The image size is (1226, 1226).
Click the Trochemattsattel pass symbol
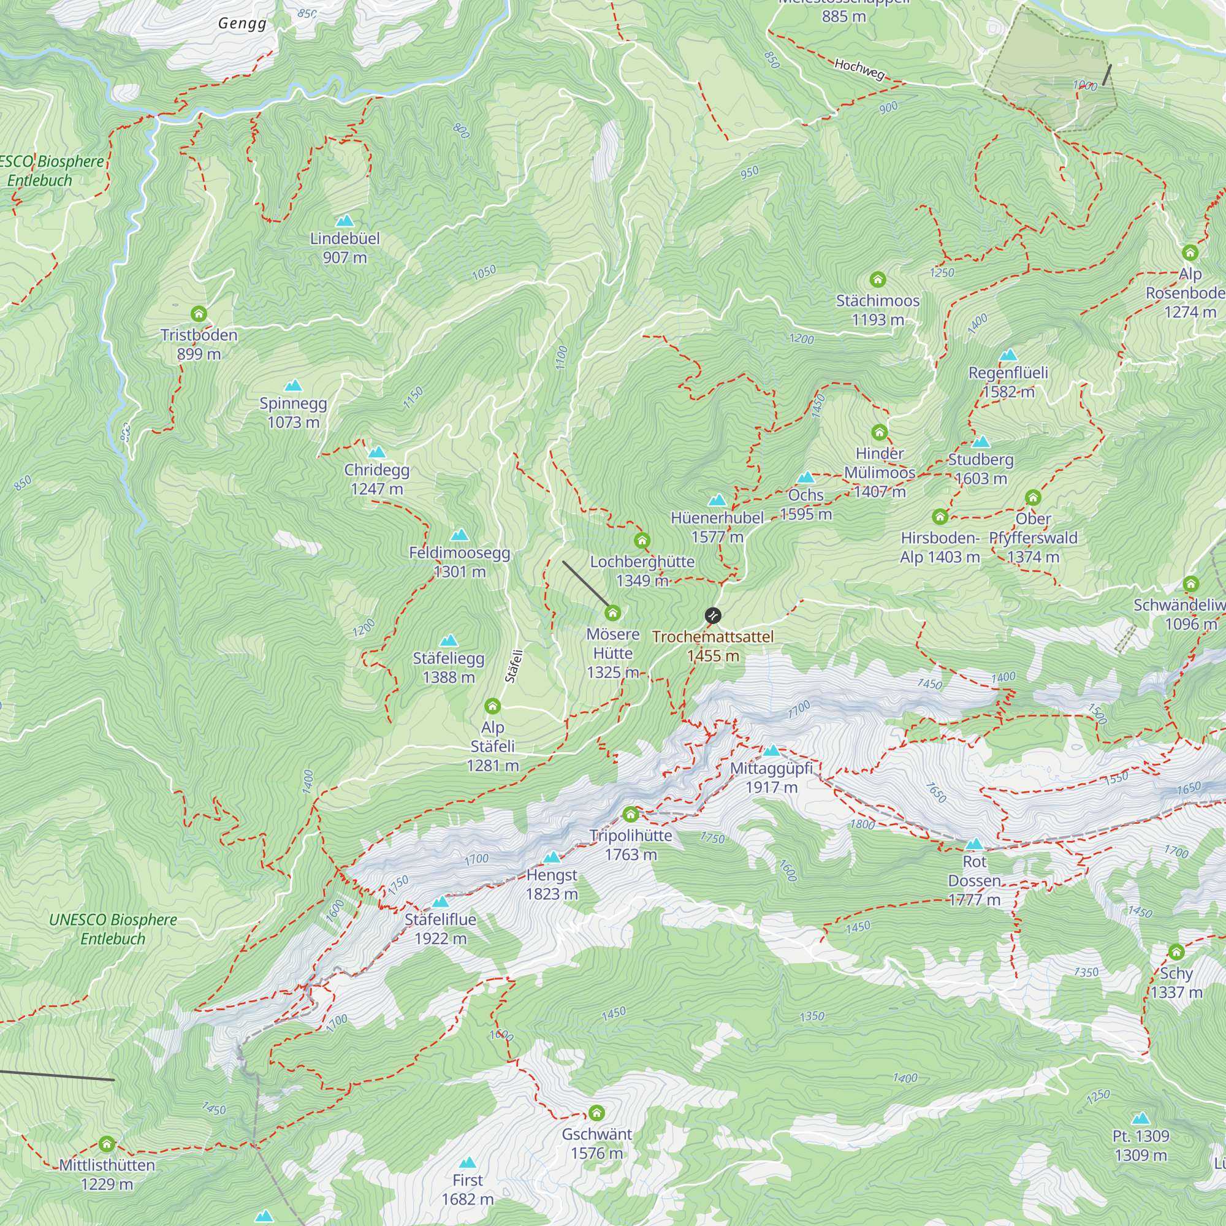tap(713, 615)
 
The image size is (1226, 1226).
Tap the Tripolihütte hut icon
tap(630, 814)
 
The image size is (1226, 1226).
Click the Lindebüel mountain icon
tap(345, 221)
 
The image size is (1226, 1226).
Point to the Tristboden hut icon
tap(199, 313)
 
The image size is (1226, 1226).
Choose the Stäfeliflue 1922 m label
tap(440, 928)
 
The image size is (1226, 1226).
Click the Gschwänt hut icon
tap(596, 1113)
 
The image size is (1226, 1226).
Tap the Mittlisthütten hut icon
tap(107, 1143)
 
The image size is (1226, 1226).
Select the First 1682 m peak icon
tap(468, 1162)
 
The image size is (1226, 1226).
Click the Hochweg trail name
tap(859, 69)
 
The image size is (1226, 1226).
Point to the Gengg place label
tap(242, 23)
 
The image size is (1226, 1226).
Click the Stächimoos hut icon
tap(878, 279)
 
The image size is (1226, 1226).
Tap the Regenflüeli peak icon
tap(1008, 355)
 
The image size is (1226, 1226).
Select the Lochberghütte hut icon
tap(642, 541)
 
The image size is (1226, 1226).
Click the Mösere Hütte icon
tap(612, 612)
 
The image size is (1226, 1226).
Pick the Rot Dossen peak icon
tap(974, 844)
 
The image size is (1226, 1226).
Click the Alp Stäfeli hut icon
tap(492, 706)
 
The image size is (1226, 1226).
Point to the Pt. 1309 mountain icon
tap(1140, 1118)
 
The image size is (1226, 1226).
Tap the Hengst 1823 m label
tap(552, 884)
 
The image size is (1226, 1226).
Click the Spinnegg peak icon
tap(293, 385)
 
